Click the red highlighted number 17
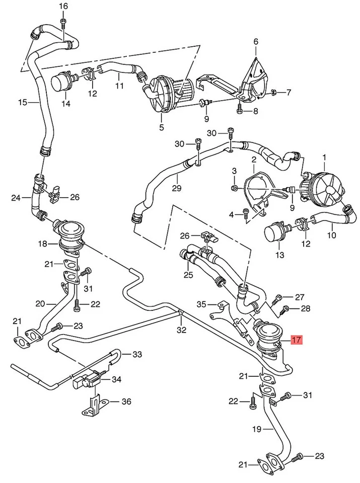tap(297, 340)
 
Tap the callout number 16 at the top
tap(63, 6)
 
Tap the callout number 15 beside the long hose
tap(22, 103)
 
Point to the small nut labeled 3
tap(235, 188)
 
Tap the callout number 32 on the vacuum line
tap(181, 330)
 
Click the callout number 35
tap(201, 304)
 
